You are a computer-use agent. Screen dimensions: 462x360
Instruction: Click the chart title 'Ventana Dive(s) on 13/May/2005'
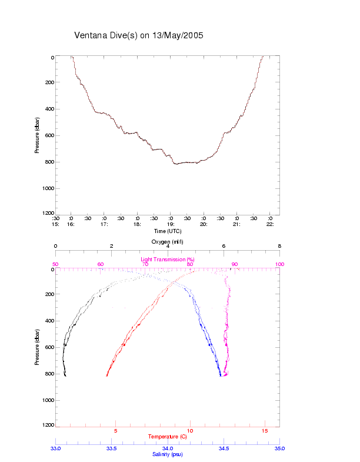[x=139, y=35]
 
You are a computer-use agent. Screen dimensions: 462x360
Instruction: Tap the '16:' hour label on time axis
[x=70, y=224]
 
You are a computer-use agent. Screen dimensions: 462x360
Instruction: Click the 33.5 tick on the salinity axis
[x=111, y=448]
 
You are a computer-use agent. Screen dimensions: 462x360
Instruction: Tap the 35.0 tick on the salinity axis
[x=279, y=448]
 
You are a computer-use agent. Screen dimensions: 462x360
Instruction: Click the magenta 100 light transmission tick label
[x=279, y=264]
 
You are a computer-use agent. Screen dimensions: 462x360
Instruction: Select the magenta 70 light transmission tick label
[x=145, y=264]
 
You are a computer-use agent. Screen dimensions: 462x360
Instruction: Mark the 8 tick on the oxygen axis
[x=279, y=247]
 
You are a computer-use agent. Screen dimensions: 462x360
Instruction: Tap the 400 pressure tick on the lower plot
[x=48, y=321]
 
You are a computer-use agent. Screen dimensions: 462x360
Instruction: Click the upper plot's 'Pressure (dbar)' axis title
[x=37, y=135]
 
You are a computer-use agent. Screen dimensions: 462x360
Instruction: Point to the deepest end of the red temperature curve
[x=106, y=375]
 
